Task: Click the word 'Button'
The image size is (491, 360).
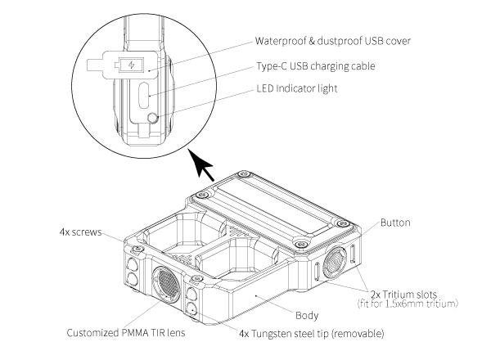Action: pyautogui.click(x=395, y=222)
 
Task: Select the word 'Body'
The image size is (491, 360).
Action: pyautogui.click(x=307, y=313)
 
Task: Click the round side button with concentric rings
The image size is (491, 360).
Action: pyautogui.click(x=336, y=263)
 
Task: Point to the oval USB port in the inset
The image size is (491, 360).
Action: pyautogui.click(x=144, y=97)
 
